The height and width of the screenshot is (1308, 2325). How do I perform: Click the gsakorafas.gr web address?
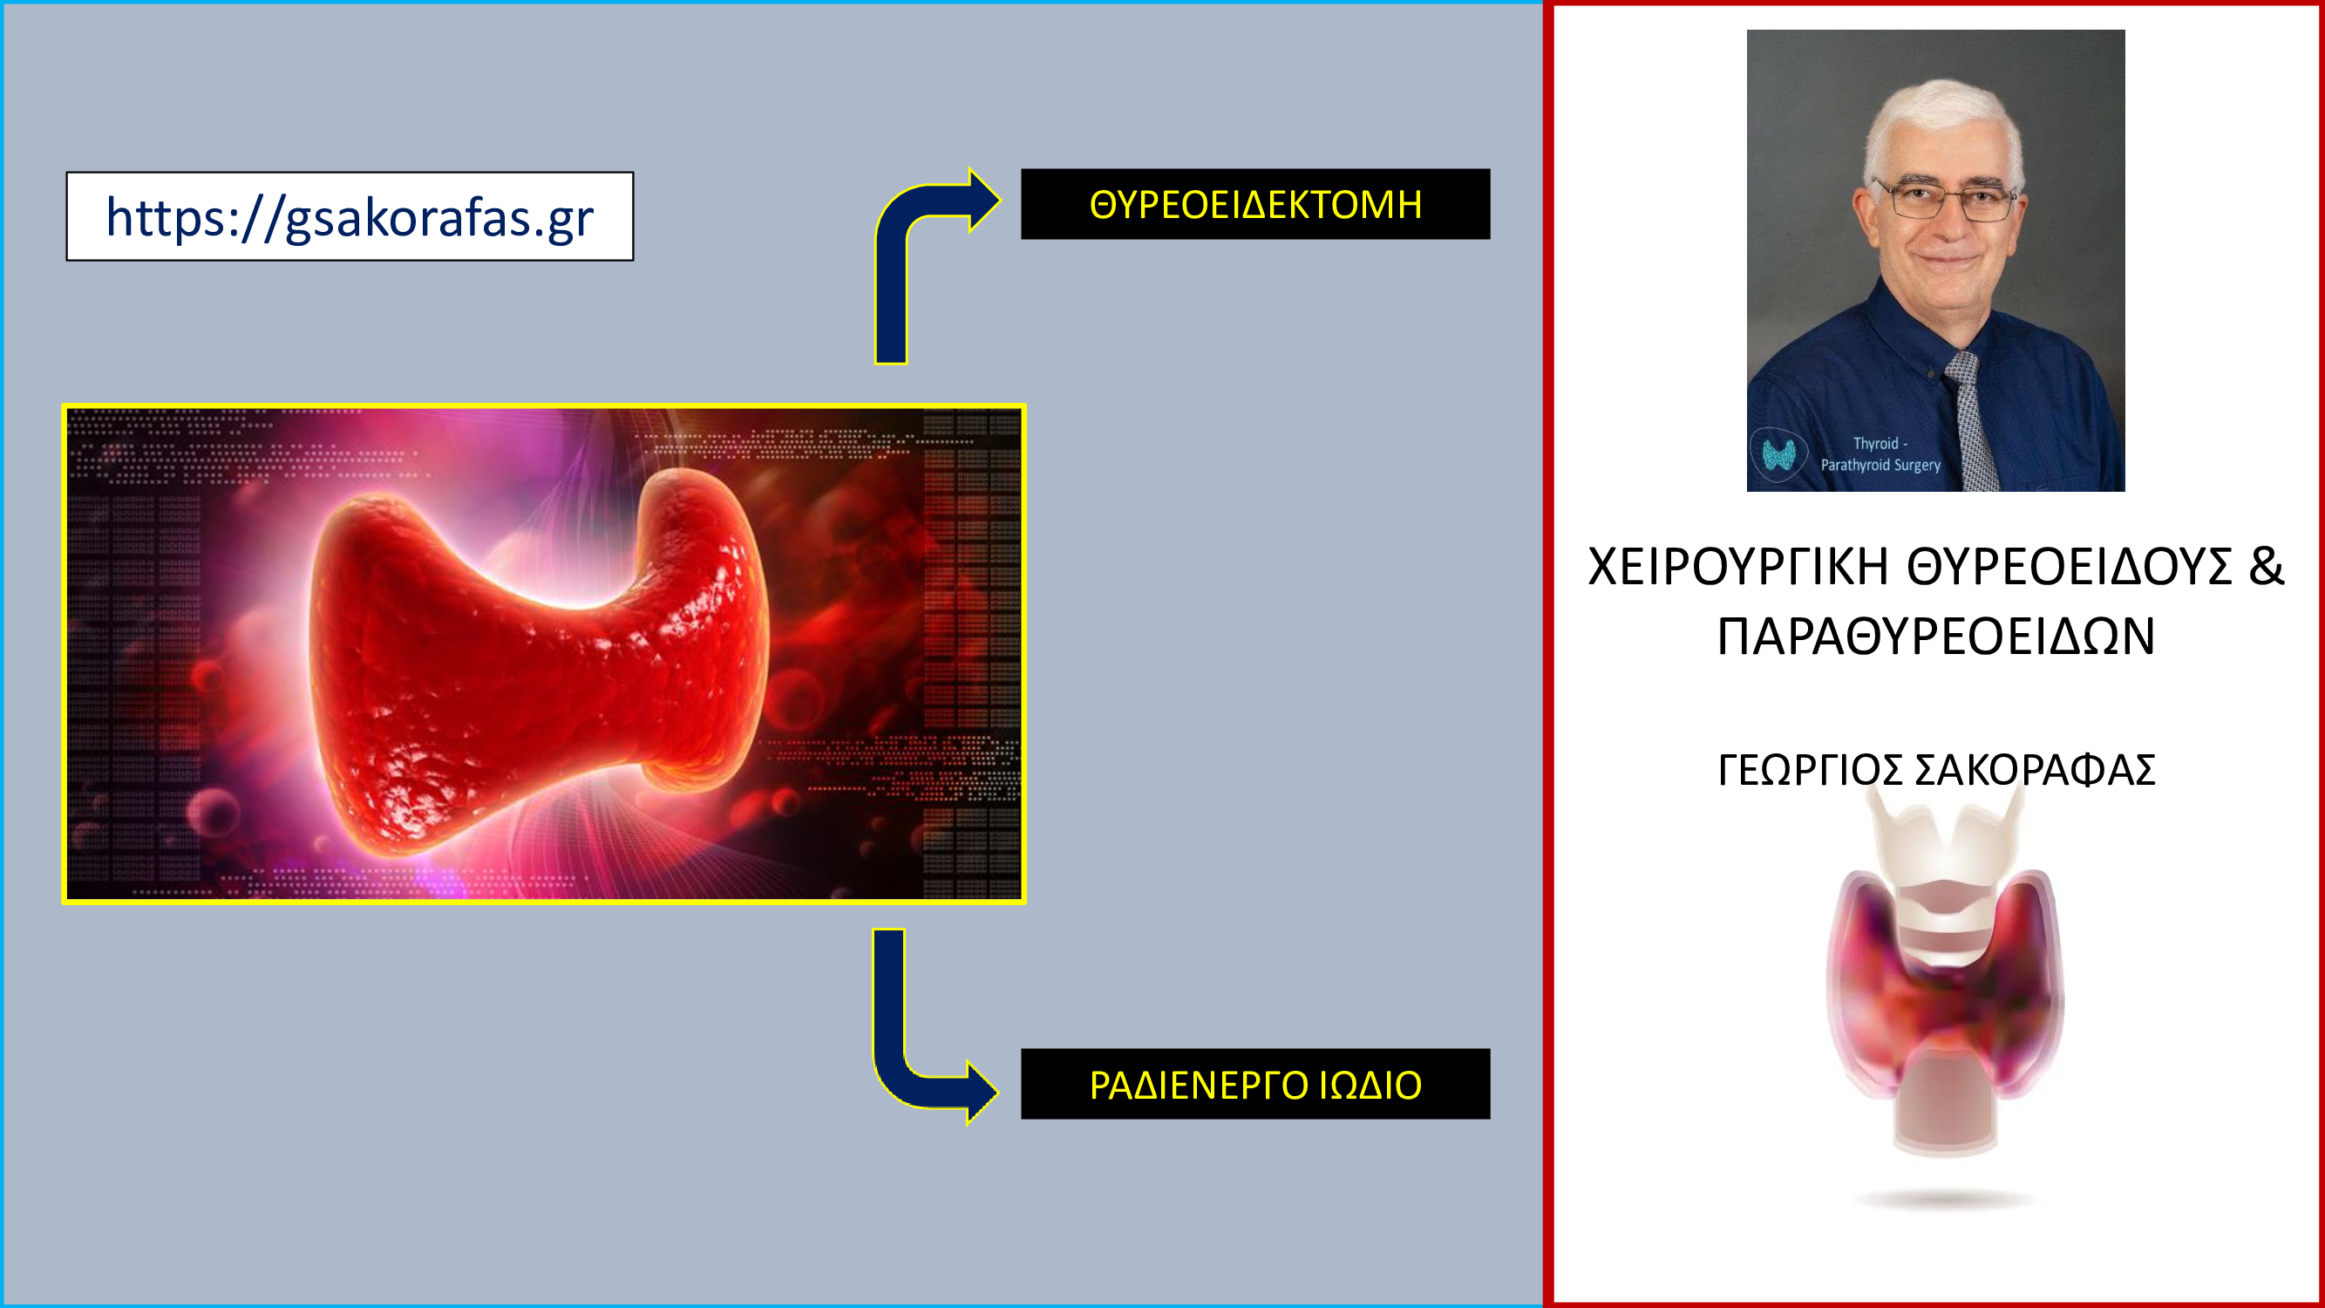[350, 217]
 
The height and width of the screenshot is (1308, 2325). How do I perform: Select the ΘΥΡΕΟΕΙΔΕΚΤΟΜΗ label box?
[1255, 204]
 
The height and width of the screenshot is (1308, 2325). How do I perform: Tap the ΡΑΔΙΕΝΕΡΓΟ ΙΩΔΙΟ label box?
[1255, 1084]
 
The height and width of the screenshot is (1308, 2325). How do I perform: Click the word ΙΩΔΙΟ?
[1370, 1085]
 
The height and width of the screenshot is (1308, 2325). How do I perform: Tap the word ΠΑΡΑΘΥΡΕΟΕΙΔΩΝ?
[1936, 637]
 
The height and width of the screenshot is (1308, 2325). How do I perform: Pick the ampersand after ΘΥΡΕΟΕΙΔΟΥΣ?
[2266, 567]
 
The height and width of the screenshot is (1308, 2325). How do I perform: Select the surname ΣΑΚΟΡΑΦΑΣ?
[2035, 770]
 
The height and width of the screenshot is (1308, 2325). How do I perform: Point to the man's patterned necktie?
[1974, 419]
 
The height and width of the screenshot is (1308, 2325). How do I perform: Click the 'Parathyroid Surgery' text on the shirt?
[1880, 465]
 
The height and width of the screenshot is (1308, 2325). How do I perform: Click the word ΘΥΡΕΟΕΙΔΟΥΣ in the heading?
[2068, 567]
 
